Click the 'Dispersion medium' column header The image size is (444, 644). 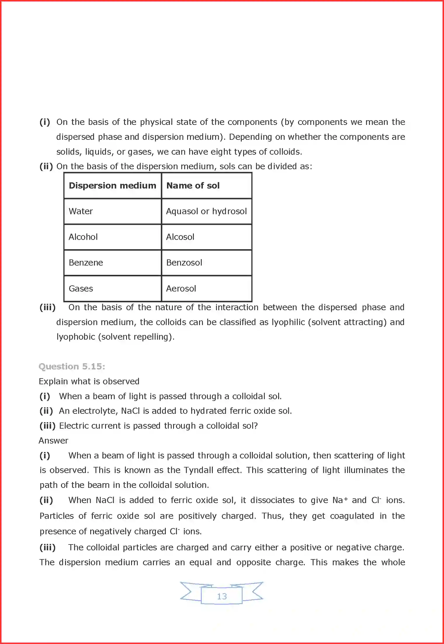(x=112, y=186)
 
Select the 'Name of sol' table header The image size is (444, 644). (x=193, y=186)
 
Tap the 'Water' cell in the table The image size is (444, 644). (x=81, y=211)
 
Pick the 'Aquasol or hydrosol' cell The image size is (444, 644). (x=206, y=211)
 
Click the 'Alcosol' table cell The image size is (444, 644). (x=180, y=237)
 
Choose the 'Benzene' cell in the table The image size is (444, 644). (x=86, y=263)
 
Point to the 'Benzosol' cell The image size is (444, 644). (x=184, y=263)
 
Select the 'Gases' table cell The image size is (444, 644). (x=81, y=289)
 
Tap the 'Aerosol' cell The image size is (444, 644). (x=181, y=289)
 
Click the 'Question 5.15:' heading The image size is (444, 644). (x=72, y=366)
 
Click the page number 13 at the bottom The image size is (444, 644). (x=222, y=596)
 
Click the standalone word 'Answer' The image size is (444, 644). (x=53, y=441)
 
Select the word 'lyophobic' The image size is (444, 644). (x=76, y=337)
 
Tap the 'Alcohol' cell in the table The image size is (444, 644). (x=83, y=237)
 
